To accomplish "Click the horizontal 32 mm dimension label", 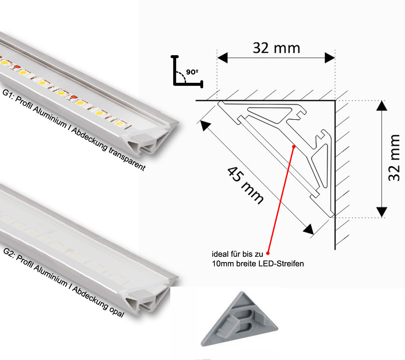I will [x=276, y=48].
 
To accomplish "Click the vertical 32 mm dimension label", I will [x=395, y=158].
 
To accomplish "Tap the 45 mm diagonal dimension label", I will [x=245, y=185].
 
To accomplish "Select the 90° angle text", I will [x=192, y=72].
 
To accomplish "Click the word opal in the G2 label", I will [x=116, y=311].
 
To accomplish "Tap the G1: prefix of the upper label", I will [x=8, y=94].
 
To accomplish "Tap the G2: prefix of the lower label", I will [x=9, y=253].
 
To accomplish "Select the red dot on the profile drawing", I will [x=294, y=146].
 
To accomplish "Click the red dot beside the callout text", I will [x=268, y=254].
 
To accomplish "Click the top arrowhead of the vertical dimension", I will [x=382, y=106].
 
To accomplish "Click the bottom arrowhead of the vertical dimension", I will [x=382, y=212].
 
